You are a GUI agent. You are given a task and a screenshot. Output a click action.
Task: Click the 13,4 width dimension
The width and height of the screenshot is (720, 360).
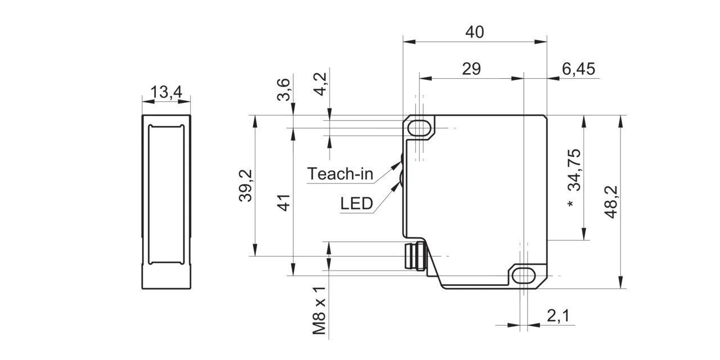coord(166,92)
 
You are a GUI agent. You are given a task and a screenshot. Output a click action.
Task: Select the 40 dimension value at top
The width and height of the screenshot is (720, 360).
coord(474,32)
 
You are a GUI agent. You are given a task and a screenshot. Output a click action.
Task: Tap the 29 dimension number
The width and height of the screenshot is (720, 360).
coord(471,69)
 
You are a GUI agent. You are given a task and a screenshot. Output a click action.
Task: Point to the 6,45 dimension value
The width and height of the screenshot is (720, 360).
coord(578,69)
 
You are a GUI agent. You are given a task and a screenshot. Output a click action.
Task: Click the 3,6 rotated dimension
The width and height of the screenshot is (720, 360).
coord(284,89)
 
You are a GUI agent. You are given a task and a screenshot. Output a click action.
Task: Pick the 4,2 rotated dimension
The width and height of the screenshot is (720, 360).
coord(321,84)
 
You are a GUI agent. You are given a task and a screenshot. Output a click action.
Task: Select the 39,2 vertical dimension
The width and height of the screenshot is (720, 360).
coord(246,186)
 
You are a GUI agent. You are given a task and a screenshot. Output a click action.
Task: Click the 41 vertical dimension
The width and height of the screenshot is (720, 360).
coord(284,203)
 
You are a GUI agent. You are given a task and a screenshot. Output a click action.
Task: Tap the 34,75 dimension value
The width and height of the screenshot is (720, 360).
coord(574,170)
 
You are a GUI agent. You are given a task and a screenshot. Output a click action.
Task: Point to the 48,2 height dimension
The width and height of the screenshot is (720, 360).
coord(611,202)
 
